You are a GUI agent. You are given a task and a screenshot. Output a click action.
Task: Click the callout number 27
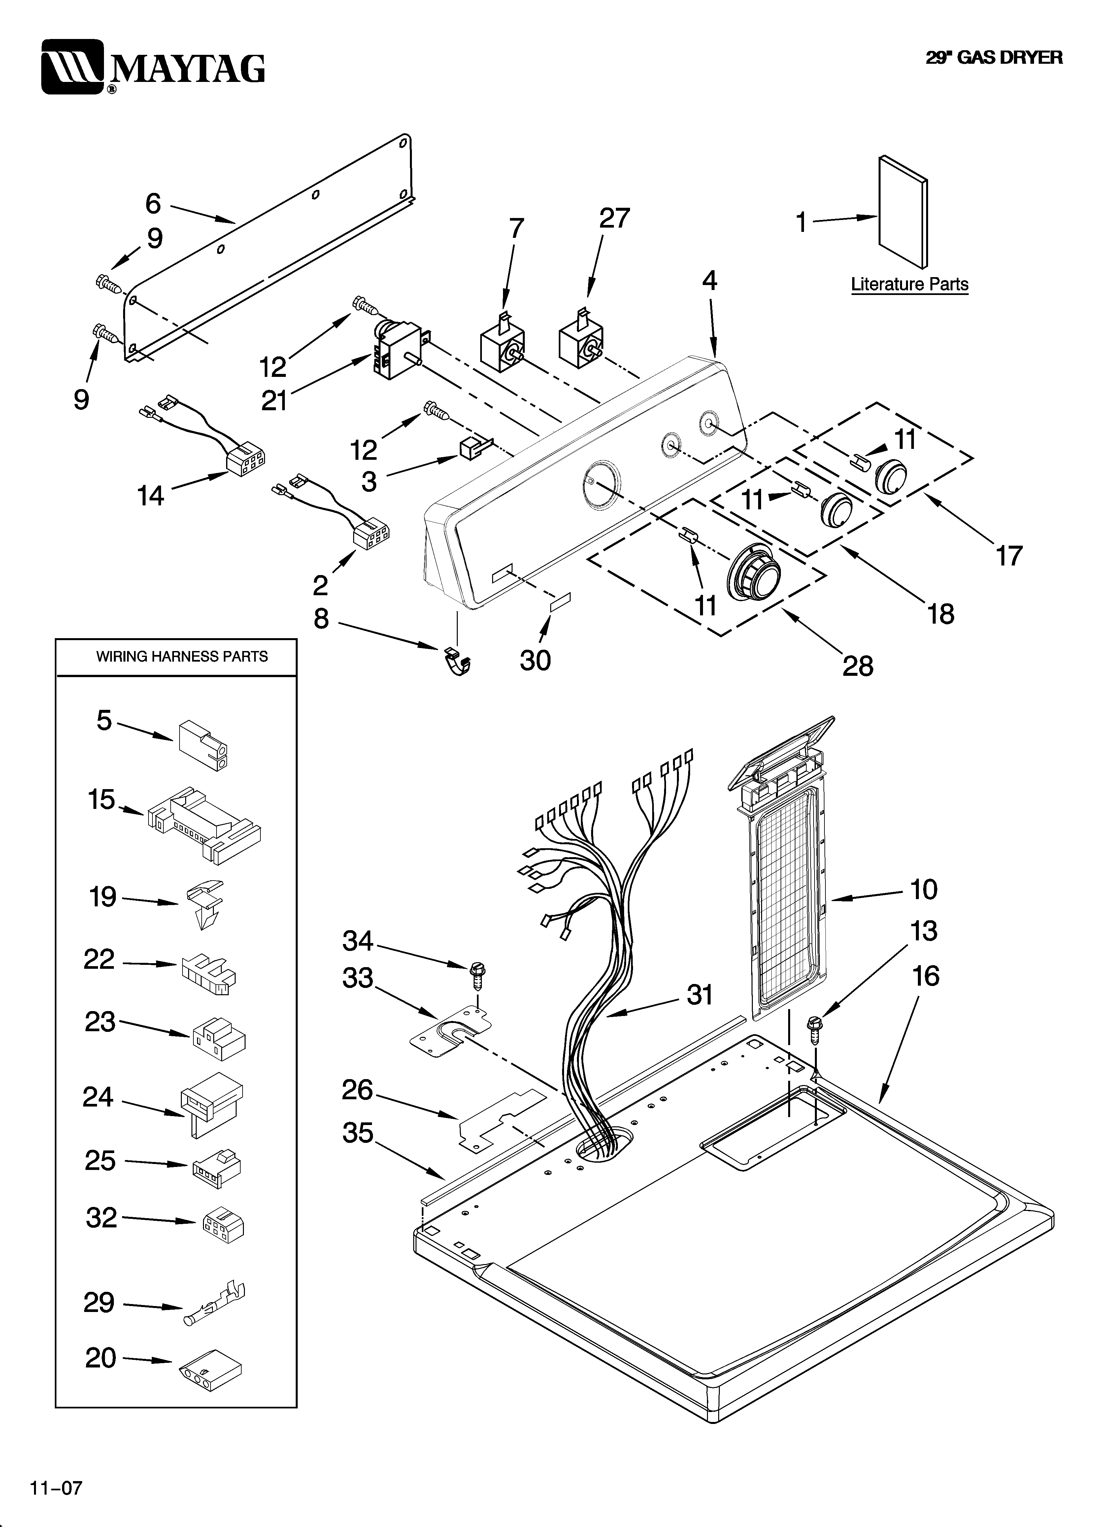pyautogui.click(x=614, y=219)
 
